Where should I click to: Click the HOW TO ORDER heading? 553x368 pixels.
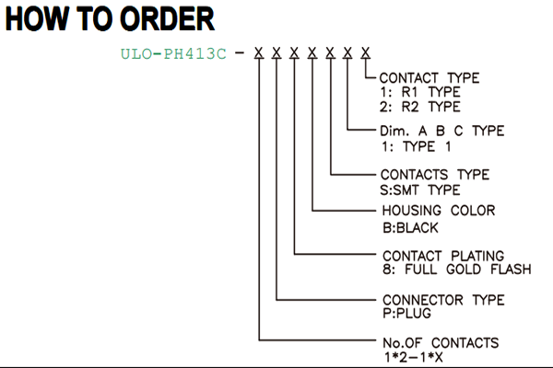[110, 19]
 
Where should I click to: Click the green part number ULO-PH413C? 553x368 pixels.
[173, 54]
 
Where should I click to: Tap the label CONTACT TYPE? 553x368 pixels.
[429, 78]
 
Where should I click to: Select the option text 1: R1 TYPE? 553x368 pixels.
[420, 92]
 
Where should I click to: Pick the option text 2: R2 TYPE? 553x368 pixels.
[420, 107]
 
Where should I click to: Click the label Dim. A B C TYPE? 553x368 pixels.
[441, 131]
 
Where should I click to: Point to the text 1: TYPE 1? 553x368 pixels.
[417, 146]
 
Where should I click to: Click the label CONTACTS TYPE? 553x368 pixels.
[435, 175]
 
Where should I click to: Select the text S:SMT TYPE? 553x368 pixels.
[420, 190]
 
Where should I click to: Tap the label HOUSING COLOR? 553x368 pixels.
[439, 211]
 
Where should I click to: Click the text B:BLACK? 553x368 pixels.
[410, 228]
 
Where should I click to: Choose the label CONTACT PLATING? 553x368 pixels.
[443, 256]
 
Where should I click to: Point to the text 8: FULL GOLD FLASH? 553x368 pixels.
[457, 270]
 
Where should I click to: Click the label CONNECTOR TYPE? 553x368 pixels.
[443, 300]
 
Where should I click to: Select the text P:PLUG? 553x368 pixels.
[406, 313]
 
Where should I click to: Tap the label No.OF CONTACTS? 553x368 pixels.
[441, 342]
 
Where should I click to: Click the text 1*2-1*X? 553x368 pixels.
[413, 358]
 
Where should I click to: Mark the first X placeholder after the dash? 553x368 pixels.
[259, 53]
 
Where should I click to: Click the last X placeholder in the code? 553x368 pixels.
[366, 53]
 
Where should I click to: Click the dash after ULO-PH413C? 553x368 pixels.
[240, 53]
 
